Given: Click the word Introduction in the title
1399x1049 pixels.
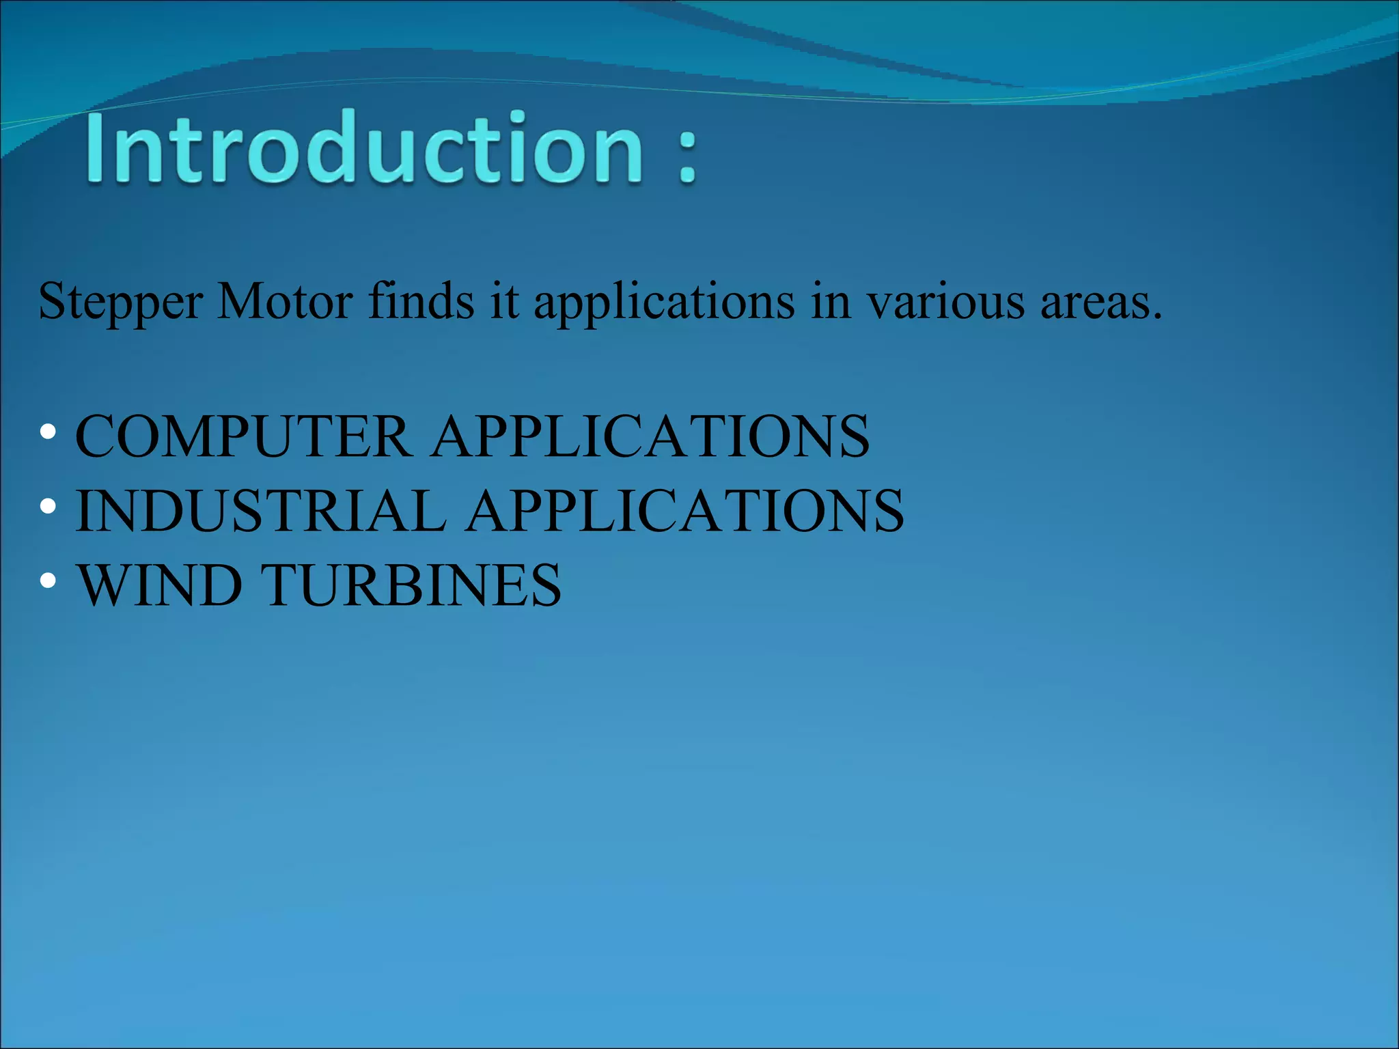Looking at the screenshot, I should [x=364, y=148].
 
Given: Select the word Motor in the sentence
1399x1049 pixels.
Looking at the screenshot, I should [x=285, y=301].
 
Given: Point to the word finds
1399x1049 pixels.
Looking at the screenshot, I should [x=421, y=301].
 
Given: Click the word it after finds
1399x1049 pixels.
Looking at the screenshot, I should [x=504, y=301].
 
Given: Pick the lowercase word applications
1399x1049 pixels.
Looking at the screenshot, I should [x=664, y=301].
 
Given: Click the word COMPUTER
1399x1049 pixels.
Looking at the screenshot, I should [x=243, y=436].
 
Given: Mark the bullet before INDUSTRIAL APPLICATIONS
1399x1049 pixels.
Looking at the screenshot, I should [x=48, y=507].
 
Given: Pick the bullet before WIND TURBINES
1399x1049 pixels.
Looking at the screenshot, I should [x=48, y=581].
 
